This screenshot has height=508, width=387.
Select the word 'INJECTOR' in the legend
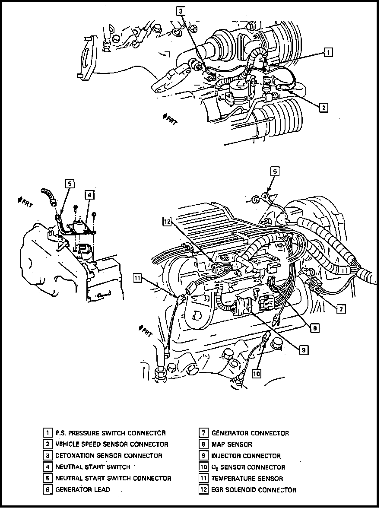click(x=227, y=456)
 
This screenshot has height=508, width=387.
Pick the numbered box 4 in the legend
click(x=47, y=467)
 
